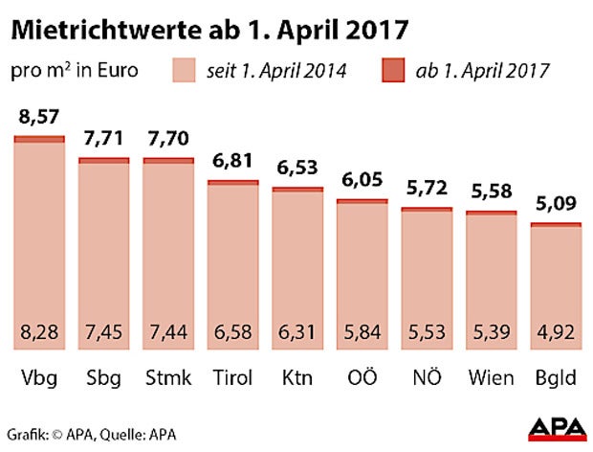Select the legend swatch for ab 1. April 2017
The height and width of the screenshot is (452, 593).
tap(391, 71)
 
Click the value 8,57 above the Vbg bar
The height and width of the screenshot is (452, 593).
tap(39, 119)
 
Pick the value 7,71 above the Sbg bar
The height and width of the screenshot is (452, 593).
tap(104, 140)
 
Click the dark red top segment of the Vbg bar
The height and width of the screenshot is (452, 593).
tap(39, 139)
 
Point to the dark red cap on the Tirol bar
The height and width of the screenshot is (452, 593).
tap(233, 182)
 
